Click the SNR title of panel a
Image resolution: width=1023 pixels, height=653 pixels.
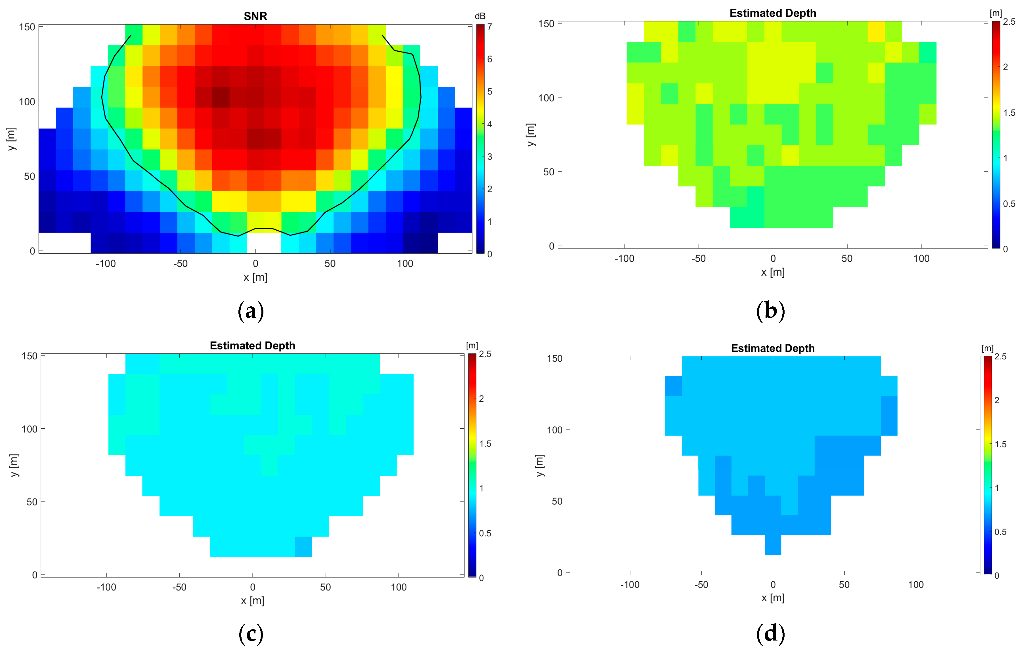pos(255,16)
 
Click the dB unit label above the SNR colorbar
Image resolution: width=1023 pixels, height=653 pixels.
pos(480,16)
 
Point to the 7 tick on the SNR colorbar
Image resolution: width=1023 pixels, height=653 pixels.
pos(490,27)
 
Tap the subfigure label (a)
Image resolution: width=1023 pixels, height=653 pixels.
pos(251,311)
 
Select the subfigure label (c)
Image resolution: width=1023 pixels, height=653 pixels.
pos(251,634)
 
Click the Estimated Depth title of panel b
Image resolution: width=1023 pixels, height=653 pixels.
pos(773,13)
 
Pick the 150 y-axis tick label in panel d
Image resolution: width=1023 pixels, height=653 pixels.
pos(554,358)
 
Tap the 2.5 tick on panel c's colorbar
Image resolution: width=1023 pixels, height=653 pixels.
pos(485,354)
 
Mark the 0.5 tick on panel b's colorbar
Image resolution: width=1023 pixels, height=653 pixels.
pos(1009,204)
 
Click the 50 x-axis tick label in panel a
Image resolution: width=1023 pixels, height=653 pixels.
pos(330,264)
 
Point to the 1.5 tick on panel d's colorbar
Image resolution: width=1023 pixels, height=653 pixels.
pos(1001,444)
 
